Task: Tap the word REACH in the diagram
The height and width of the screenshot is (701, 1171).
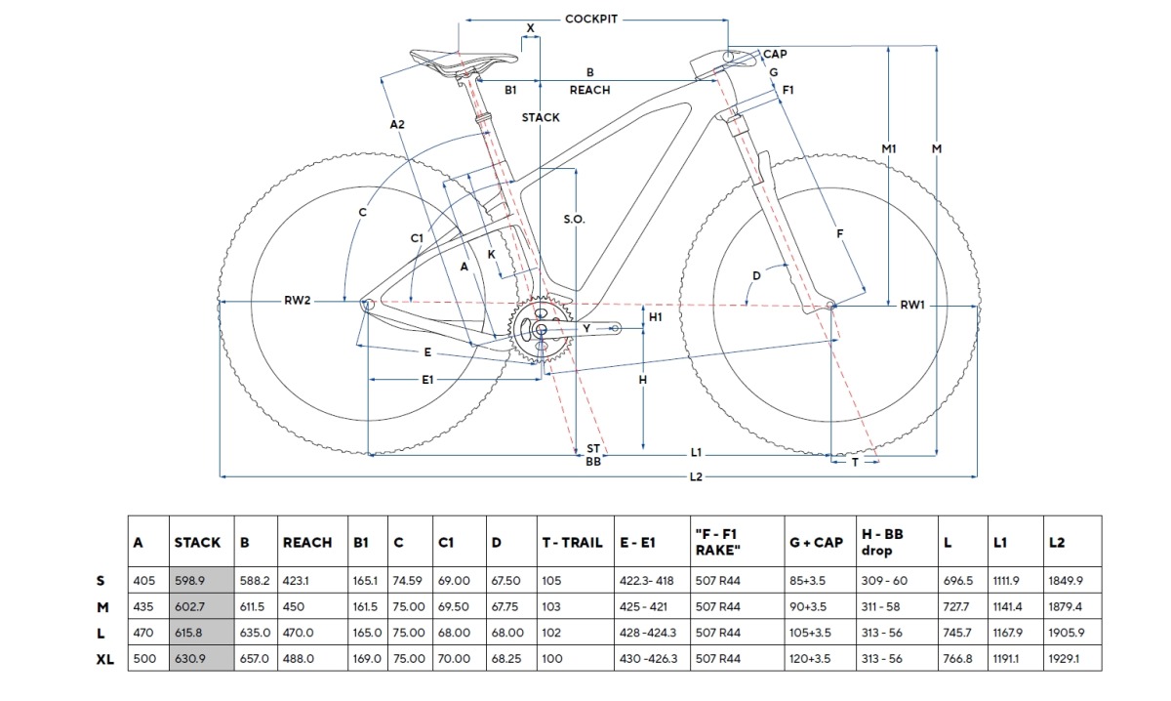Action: pyautogui.click(x=589, y=90)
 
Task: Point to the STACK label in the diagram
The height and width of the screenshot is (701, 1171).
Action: pyautogui.click(x=541, y=117)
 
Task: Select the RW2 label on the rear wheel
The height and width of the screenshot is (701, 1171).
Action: pyautogui.click(x=298, y=301)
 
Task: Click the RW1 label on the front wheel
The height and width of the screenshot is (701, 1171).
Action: pyautogui.click(x=912, y=306)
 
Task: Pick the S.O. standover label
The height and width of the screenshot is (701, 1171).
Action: pyautogui.click(x=574, y=220)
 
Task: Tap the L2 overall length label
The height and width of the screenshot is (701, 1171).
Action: pyautogui.click(x=696, y=477)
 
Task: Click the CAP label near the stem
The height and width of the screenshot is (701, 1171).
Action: pyautogui.click(x=775, y=55)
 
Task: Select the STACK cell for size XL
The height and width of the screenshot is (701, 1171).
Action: pyautogui.click(x=201, y=659)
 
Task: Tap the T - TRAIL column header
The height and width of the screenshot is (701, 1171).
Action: pyautogui.click(x=573, y=542)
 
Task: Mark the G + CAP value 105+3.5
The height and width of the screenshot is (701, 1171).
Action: pyautogui.click(x=810, y=633)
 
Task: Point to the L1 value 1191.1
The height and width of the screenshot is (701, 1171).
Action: pyautogui.click(x=1006, y=659)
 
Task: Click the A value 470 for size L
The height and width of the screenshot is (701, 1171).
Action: pyautogui.click(x=144, y=633)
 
